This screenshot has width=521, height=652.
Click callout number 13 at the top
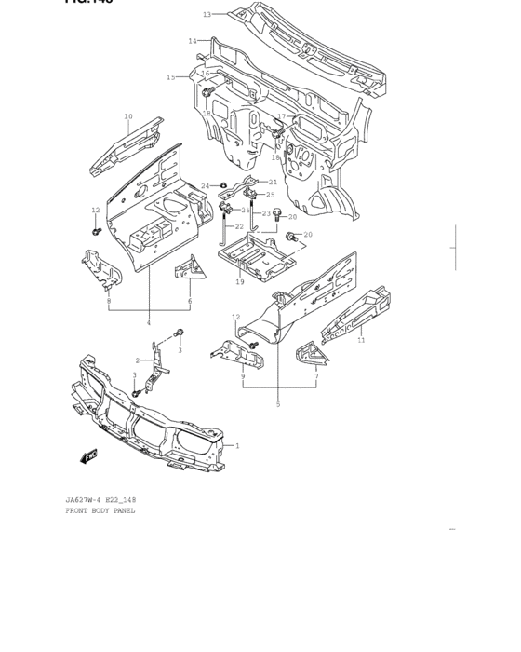point(207,14)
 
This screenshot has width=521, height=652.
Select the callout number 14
point(193,41)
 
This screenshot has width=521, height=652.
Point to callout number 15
point(171,77)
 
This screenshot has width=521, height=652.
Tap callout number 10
point(128,117)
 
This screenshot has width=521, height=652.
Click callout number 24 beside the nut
point(205,186)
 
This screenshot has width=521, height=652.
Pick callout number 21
point(273,183)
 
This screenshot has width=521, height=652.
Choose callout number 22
point(239,226)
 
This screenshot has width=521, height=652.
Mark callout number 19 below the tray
point(240,281)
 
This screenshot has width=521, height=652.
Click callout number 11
point(361,341)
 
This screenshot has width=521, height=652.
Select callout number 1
point(237,446)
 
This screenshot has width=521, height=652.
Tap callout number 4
point(148,322)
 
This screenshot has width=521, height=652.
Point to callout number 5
point(277,404)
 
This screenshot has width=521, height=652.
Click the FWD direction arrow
point(89,455)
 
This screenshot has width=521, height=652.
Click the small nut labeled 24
point(224,186)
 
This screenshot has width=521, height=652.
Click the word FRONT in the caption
point(79,510)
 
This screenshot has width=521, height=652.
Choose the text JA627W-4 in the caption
point(84,500)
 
